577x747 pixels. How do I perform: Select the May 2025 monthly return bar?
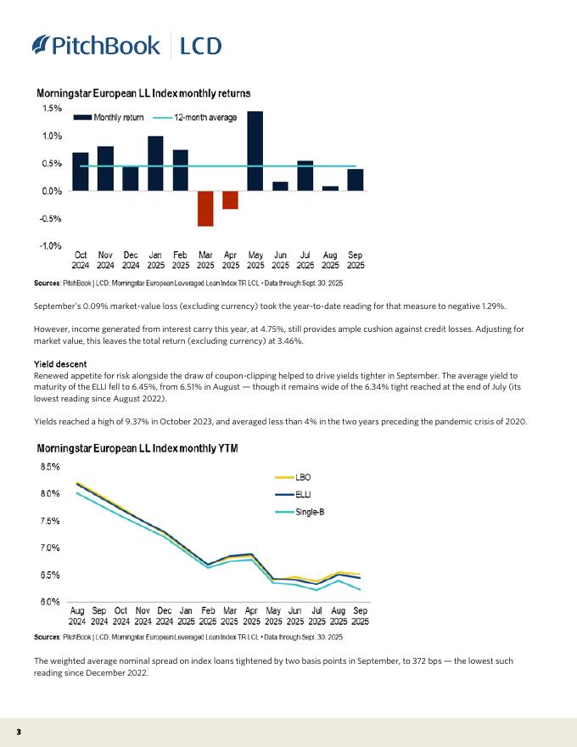pyautogui.click(x=255, y=151)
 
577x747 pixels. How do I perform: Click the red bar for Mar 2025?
pyautogui.click(x=205, y=209)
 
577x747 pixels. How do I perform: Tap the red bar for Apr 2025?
pyautogui.click(x=230, y=200)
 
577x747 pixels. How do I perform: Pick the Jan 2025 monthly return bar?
pyautogui.click(x=155, y=164)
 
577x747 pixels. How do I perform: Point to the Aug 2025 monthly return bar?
pyautogui.click(x=330, y=188)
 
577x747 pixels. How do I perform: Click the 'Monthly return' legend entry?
pyautogui.click(x=109, y=117)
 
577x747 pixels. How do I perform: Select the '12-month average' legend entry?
pyautogui.click(x=195, y=117)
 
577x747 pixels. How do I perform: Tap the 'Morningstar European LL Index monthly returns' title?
pyautogui.click(x=143, y=93)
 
